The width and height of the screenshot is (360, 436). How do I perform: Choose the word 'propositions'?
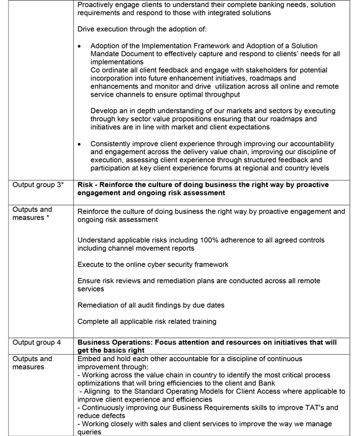[190, 119]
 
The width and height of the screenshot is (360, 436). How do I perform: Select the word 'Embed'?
[89, 359]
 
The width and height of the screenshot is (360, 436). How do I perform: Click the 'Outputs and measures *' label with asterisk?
[32, 213]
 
